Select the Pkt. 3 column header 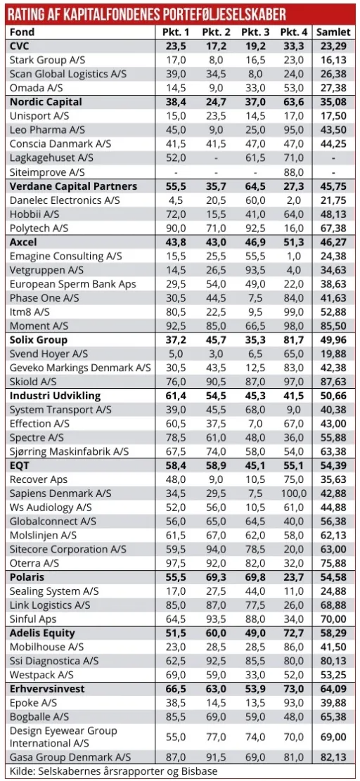click(255, 32)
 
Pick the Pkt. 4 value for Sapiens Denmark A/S click(294, 493)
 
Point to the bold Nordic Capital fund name click(46, 102)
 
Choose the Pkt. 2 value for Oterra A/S click(217, 562)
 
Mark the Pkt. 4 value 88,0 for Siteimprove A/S click(294, 172)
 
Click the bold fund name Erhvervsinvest click(47, 688)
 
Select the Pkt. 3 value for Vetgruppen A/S click(255, 270)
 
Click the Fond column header click(23, 32)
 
